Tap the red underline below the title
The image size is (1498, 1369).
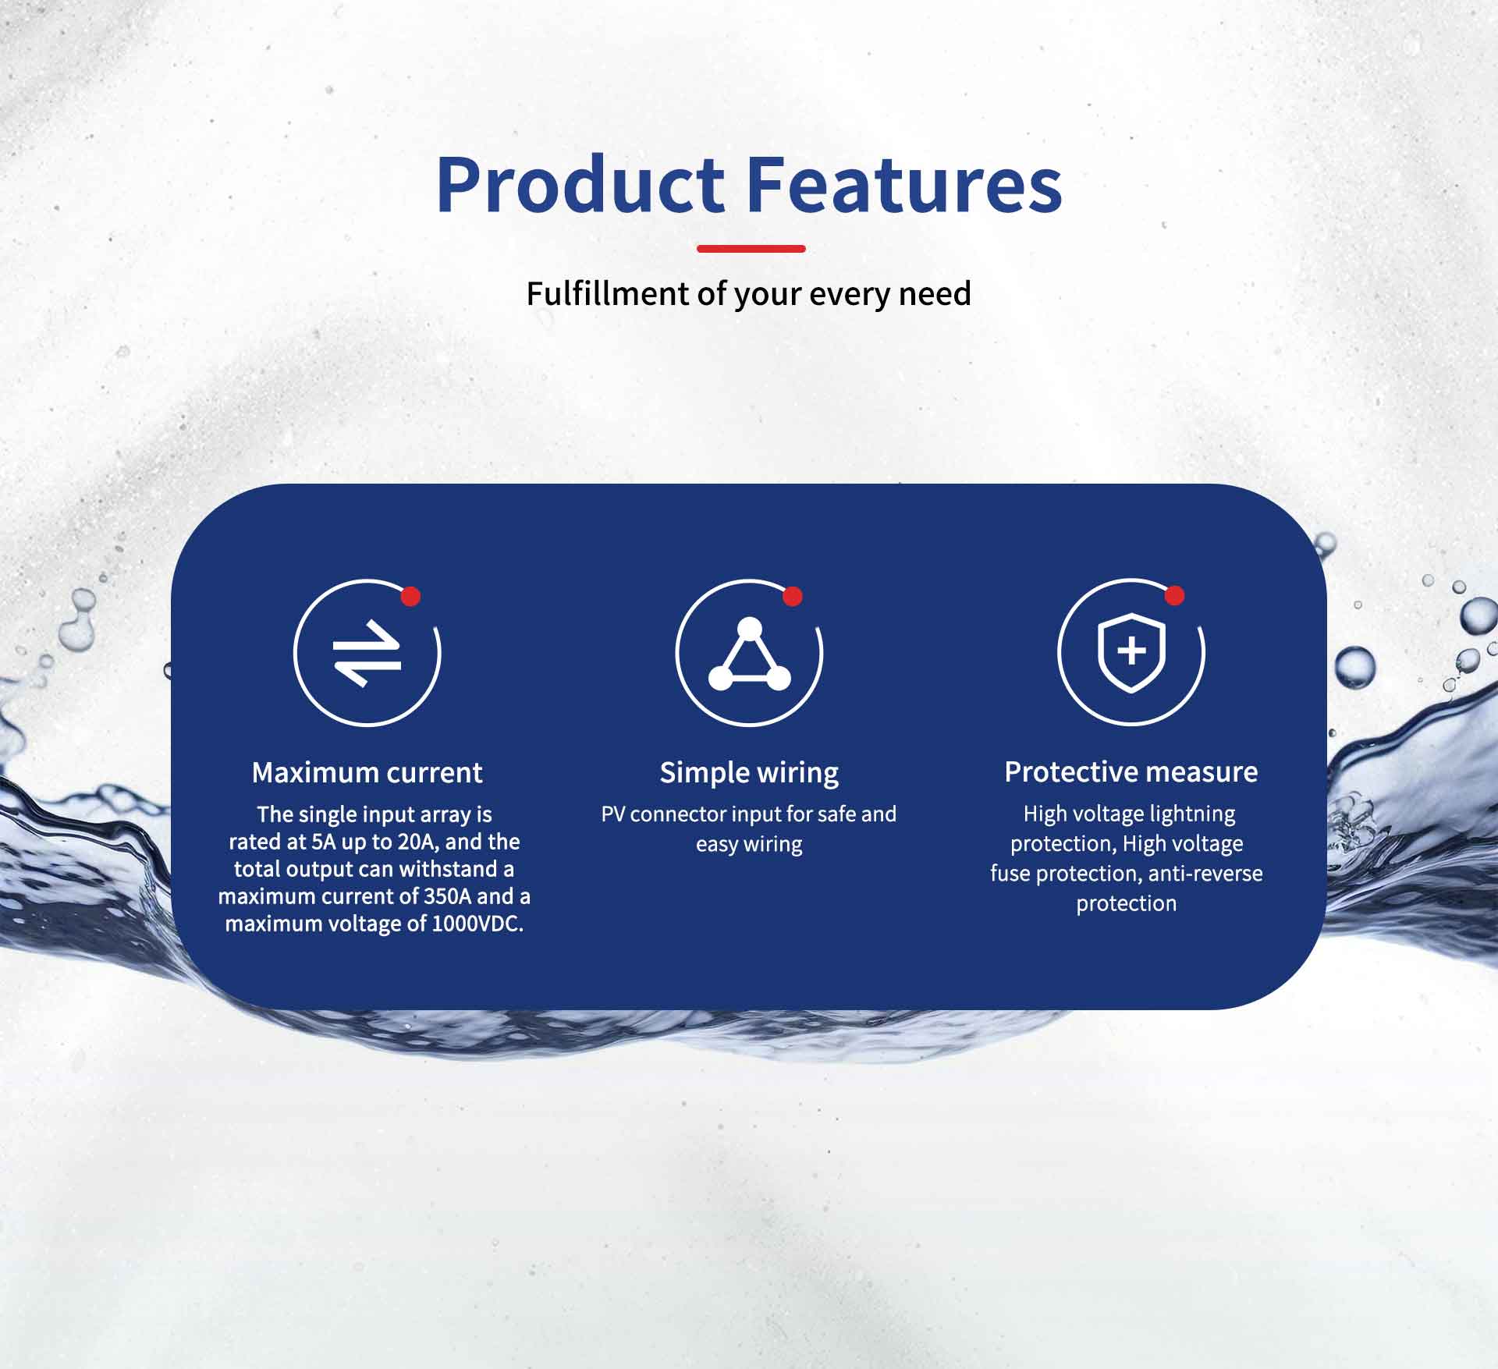click(x=751, y=249)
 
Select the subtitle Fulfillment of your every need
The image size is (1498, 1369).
click(x=749, y=294)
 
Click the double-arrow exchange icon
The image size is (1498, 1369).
click(x=367, y=653)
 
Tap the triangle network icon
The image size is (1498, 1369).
click(x=749, y=654)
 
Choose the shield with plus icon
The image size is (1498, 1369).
click(x=1131, y=652)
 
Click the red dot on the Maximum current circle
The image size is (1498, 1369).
click(x=410, y=597)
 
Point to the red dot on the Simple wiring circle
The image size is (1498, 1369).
click(x=793, y=597)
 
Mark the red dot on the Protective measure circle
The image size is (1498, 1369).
click(x=1174, y=596)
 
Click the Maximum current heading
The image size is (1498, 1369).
click(x=367, y=772)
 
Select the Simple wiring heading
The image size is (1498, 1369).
click(x=749, y=773)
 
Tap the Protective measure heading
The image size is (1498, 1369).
click(x=1131, y=772)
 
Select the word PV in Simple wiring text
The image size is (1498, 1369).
click(x=613, y=814)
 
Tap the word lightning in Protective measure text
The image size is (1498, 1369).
click(x=1192, y=815)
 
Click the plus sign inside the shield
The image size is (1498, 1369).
click(x=1131, y=651)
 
